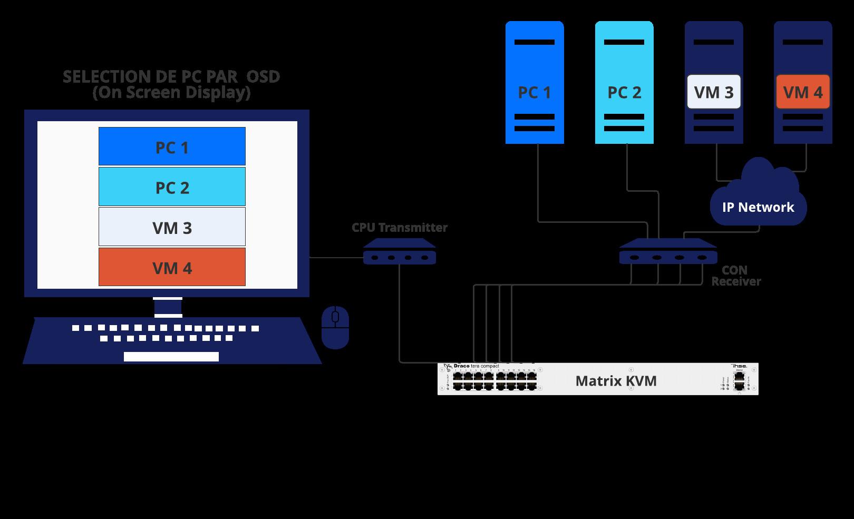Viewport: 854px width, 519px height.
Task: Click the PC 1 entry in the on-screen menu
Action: [172, 146]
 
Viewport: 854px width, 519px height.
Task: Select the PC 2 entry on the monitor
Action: [172, 187]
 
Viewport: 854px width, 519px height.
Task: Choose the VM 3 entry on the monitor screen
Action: [172, 227]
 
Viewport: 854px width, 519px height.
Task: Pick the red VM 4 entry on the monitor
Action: [172, 267]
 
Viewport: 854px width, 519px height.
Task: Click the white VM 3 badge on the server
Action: [714, 92]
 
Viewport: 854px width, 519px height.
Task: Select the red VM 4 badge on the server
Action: [803, 92]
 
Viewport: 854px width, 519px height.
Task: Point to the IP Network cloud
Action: [758, 200]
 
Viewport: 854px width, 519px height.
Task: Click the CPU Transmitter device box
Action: [399, 253]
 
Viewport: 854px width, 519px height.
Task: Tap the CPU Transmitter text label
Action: [399, 228]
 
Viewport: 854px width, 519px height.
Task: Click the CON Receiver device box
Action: [668, 252]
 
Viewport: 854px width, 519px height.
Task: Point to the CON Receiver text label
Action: [735, 276]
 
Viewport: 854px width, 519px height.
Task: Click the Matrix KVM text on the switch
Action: [616, 381]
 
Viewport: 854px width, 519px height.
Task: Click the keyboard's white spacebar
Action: [171, 357]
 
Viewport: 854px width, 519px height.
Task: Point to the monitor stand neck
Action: [168, 307]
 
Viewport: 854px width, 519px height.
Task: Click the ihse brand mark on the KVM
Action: [739, 366]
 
